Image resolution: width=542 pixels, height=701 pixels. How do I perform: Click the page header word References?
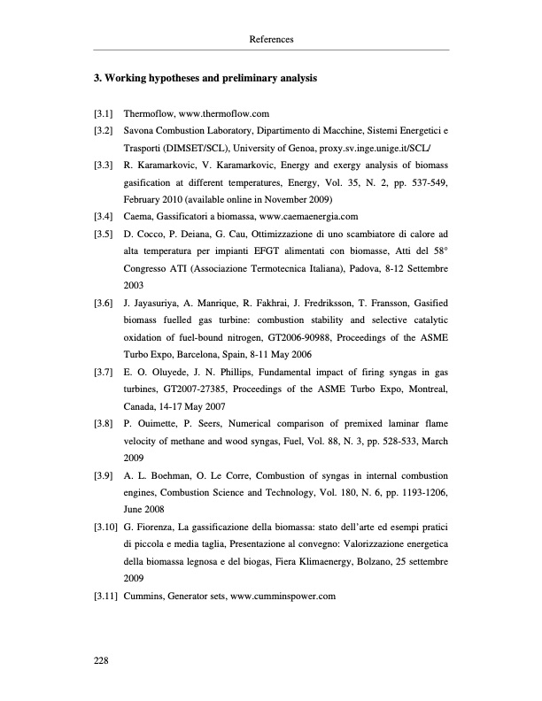click(x=271, y=40)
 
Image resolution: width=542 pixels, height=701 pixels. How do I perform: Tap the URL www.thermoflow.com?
click(x=223, y=114)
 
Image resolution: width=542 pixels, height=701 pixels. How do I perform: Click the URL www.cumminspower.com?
click(x=283, y=595)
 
